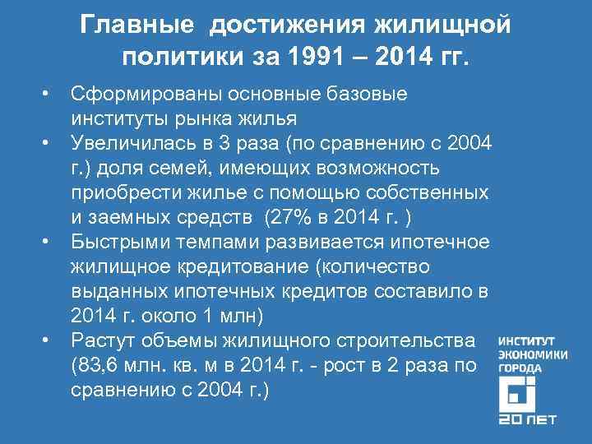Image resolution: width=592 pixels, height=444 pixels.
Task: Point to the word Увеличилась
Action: tap(130, 145)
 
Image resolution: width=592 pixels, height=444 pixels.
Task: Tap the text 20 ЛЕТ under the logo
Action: tap(527, 419)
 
